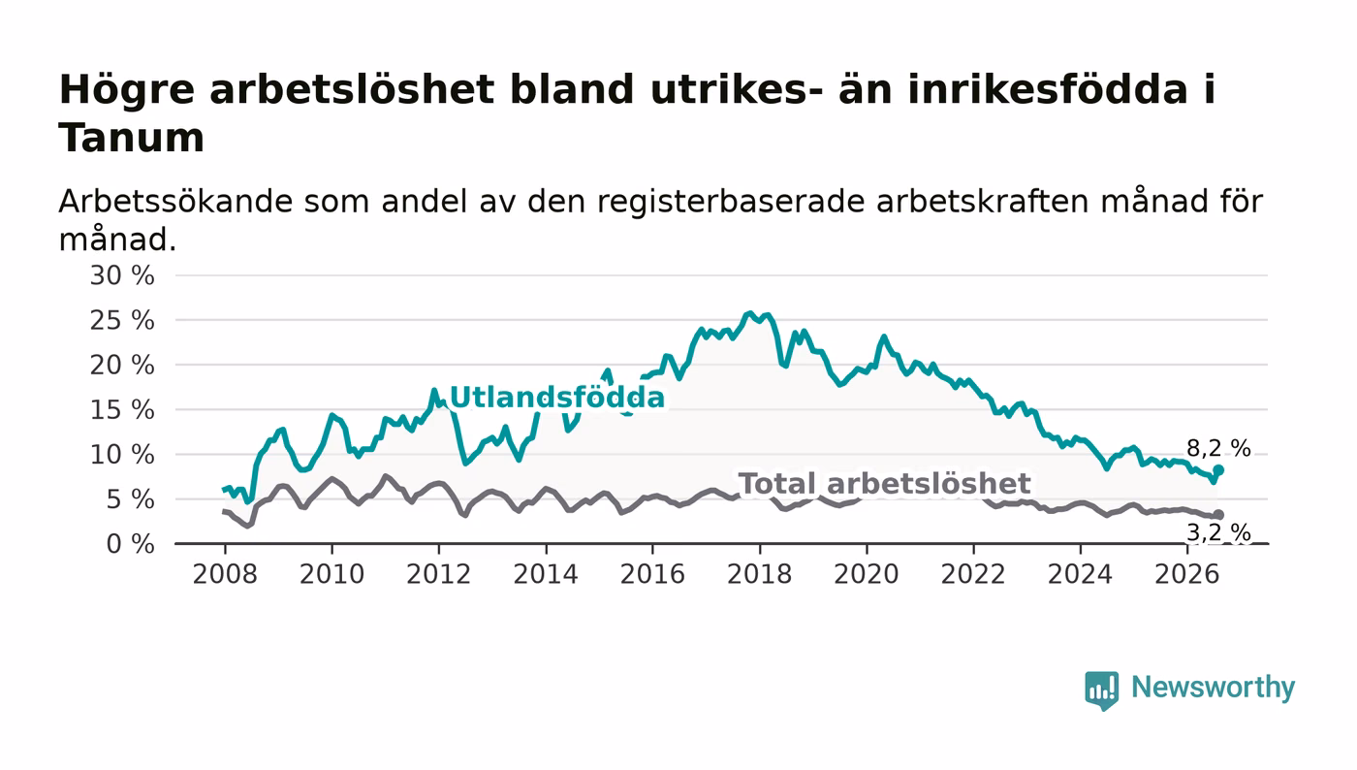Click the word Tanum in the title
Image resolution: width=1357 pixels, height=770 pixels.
point(132,138)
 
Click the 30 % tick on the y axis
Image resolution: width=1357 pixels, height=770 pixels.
point(122,275)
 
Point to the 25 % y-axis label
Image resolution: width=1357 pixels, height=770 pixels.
point(122,320)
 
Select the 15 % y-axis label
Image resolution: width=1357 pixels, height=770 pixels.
point(122,410)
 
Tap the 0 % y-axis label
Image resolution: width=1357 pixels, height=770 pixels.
point(130,544)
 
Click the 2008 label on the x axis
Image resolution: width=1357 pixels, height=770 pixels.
point(225,574)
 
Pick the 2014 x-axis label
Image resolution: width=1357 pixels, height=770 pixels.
point(546,574)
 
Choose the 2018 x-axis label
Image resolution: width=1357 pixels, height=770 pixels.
point(760,574)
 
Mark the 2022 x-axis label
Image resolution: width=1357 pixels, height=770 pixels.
point(973,574)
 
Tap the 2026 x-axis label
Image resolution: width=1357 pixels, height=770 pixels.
point(1187,574)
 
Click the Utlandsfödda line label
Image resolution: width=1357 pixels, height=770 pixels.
point(557,398)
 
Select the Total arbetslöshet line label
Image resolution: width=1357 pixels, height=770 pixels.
point(884,484)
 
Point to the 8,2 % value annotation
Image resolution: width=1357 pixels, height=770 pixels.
point(1218,449)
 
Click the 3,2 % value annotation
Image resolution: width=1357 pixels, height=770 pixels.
point(1218,533)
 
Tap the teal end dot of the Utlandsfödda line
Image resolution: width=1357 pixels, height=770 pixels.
point(1219,470)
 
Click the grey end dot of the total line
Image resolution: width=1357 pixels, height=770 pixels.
point(1219,515)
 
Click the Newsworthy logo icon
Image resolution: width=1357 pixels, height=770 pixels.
point(1102,690)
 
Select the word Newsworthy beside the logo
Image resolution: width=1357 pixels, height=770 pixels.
point(1214,688)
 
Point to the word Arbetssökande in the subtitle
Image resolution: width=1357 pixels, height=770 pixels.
point(175,202)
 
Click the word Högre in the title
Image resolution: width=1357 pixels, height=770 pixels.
point(127,91)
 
